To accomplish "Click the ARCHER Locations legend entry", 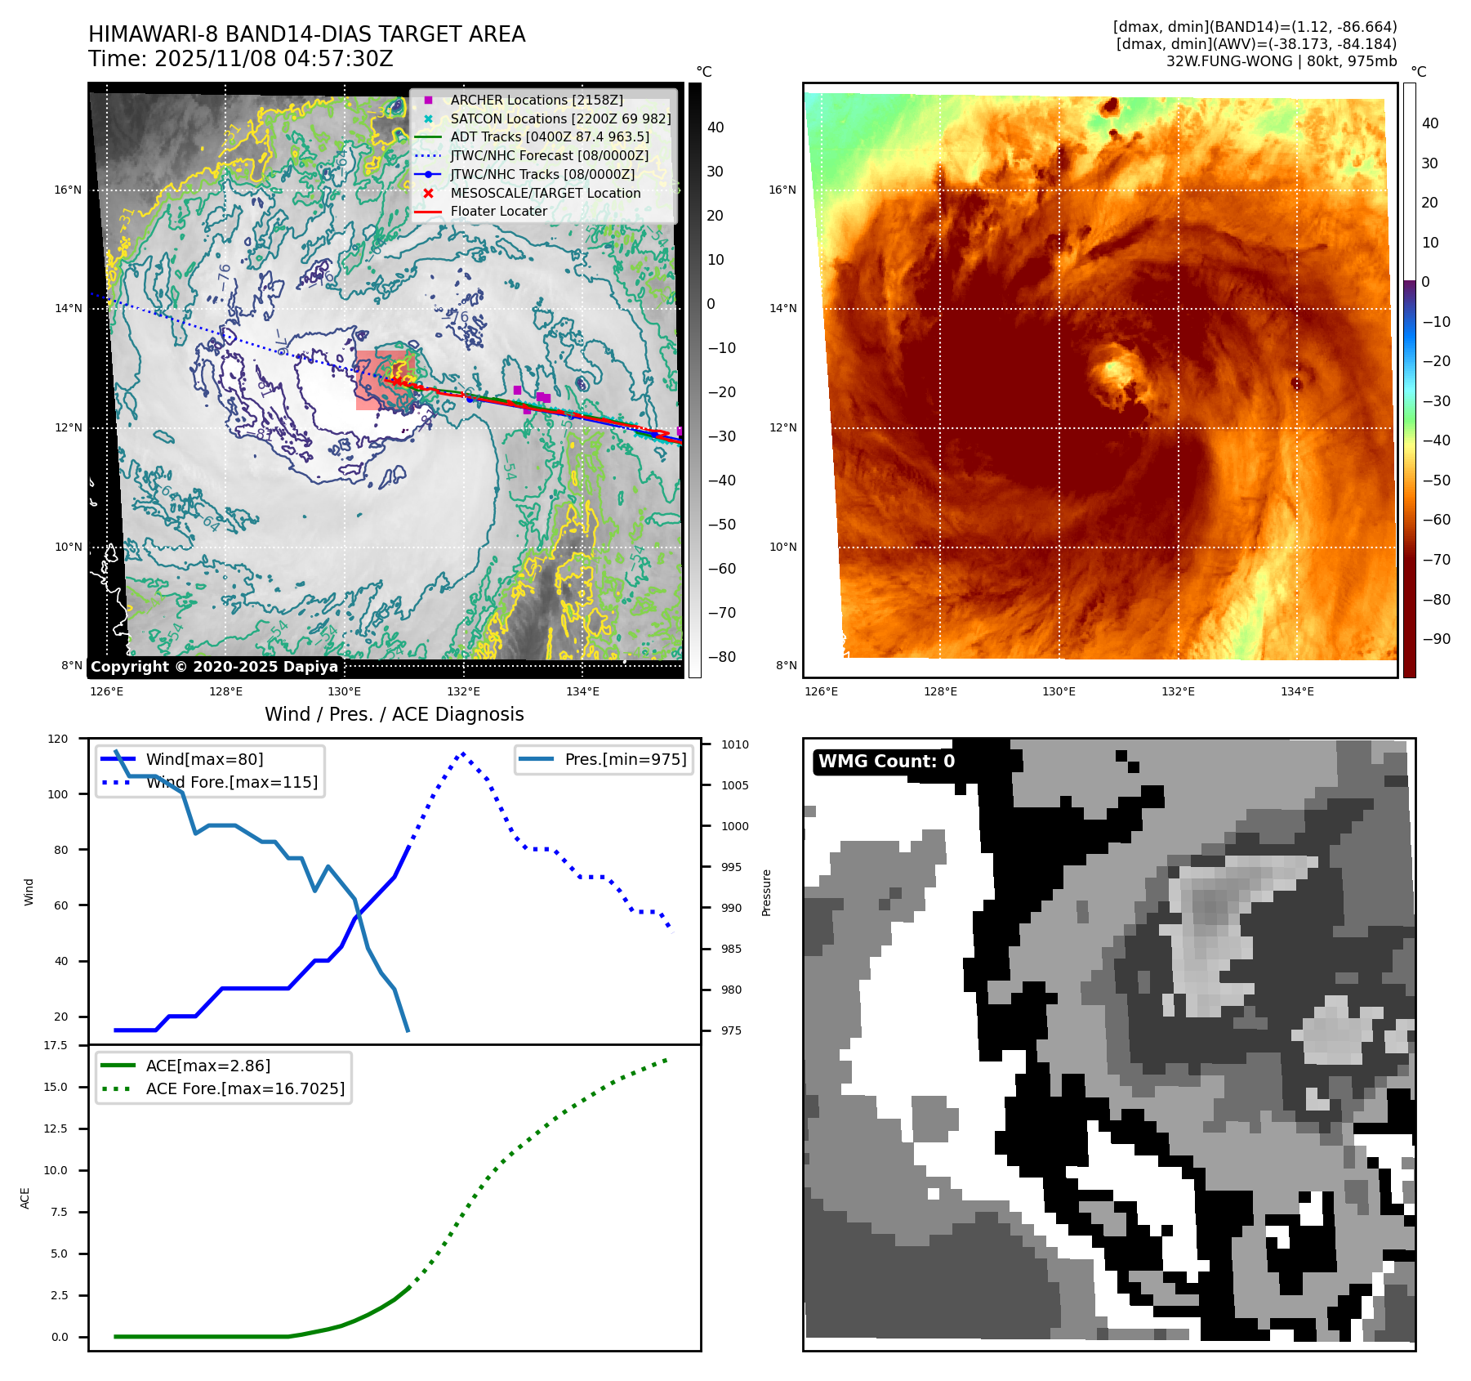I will pyautogui.click(x=536, y=100).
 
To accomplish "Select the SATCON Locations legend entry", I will pyautogui.click(x=560, y=118).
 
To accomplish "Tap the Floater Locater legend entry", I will pyautogui.click(x=498, y=211).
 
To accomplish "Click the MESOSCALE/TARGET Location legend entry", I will pyautogui.click(x=545, y=193).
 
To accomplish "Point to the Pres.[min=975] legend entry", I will pyautogui.click(x=625, y=759).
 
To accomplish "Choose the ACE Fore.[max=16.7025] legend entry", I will pyautogui.click(x=245, y=1088).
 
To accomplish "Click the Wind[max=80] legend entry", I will pyautogui.click(x=204, y=759).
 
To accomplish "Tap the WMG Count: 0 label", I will pyautogui.click(x=886, y=762).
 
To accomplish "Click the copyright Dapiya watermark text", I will pyautogui.click(x=214, y=667).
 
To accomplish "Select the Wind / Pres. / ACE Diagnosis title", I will pyautogui.click(x=394, y=714).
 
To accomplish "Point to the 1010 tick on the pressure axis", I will pyautogui.click(x=734, y=744).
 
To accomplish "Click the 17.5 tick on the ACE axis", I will pyautogui.click(x=56, y=1045).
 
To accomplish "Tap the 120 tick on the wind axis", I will pyautogui.click(x=58, y=739).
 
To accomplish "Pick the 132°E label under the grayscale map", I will pyautogui.click(x=463, y=691).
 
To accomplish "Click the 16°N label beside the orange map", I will pyautogui.click(x=782, y=190).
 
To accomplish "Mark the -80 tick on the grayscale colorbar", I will pyautogui.click(x=721, y=657).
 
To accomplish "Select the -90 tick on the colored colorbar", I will pyautogui.click(x=1436, y=639).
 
